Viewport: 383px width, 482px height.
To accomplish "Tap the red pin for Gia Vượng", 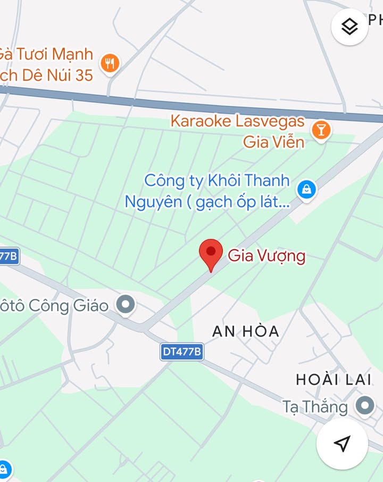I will pos(211,254).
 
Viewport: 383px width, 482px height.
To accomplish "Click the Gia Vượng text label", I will pos(267,256).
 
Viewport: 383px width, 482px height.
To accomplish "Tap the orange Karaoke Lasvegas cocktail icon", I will pos(321,130).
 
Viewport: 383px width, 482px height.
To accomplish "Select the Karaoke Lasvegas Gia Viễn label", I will pos(238,131).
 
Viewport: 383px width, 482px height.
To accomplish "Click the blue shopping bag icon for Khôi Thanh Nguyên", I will pos(306,189).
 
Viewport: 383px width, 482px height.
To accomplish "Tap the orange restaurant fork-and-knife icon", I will pos(110,63).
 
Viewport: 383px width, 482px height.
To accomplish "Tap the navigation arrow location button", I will pos(342,443).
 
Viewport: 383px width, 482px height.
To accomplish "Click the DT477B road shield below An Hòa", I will pos(182,352).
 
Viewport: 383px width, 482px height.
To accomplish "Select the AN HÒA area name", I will pos(245,331).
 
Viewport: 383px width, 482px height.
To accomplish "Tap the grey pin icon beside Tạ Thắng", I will pos(365,405).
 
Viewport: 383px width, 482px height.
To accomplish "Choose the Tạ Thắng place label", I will pos(315,407).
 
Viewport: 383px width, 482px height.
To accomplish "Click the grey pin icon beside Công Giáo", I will pos(126,305).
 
